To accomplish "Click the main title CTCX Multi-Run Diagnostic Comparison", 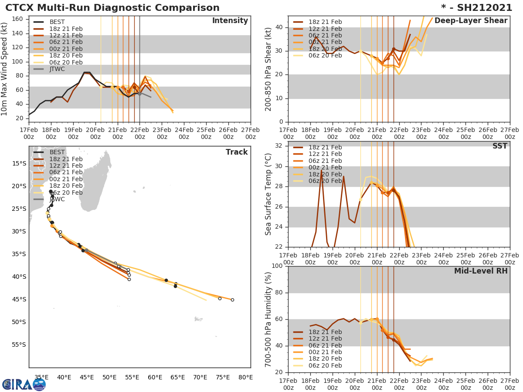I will (112, 8).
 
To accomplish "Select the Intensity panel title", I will (230, 21).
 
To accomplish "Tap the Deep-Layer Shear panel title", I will (471, 21).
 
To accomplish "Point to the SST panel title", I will (499, 146).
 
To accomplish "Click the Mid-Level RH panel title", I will (481, 271).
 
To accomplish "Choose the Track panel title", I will (237, 152).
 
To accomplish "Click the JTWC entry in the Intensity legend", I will (57, 69).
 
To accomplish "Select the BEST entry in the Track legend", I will (57, 152).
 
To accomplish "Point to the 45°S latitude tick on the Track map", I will (19, 299).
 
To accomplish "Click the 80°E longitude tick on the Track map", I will (245, 377).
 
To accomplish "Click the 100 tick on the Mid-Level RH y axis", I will (277, 266).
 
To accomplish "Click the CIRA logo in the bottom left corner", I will (24, 384).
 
